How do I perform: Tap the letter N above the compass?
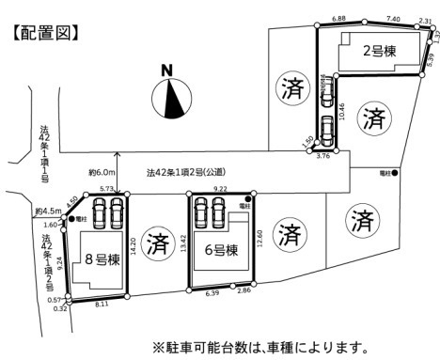(166, 70)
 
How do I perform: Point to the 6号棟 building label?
(220, 249)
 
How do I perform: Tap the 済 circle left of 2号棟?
(289, 90)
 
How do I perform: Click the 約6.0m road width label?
(101, 173)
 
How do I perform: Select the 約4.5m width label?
(46, 211)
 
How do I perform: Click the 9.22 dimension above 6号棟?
(220, 189)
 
